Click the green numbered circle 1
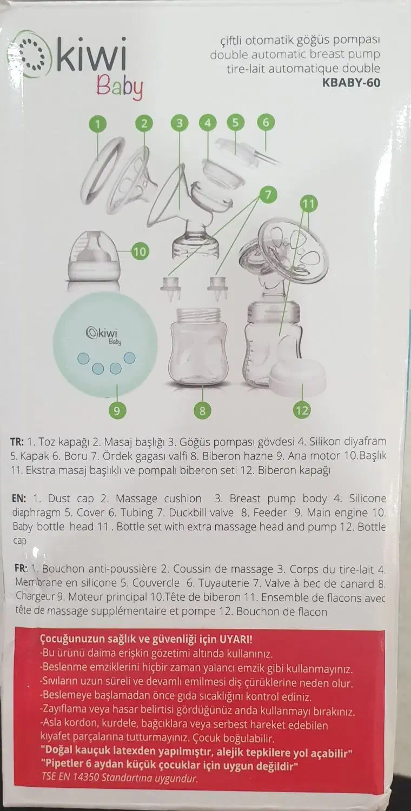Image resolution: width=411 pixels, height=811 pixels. click(98, 124)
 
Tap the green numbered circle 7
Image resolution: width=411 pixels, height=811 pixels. click(268, 195)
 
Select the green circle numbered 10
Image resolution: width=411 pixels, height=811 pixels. click(140, 251)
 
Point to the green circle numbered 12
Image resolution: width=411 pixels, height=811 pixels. click(302, 410)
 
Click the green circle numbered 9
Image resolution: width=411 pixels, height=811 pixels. click(117, 410)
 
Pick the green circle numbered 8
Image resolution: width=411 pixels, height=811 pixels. click(202, 410)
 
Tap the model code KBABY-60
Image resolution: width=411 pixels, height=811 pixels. click(351, 83)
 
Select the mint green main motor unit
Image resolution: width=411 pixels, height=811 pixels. click(105, 344)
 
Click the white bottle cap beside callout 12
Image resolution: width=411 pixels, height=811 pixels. click(297, 378)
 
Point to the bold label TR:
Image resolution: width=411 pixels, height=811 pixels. click(17, 442)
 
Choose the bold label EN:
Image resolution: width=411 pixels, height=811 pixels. click(19, 498)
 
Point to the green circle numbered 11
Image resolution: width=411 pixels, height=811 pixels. click(308, 204)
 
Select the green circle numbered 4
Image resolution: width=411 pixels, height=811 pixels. click(208, 123)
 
